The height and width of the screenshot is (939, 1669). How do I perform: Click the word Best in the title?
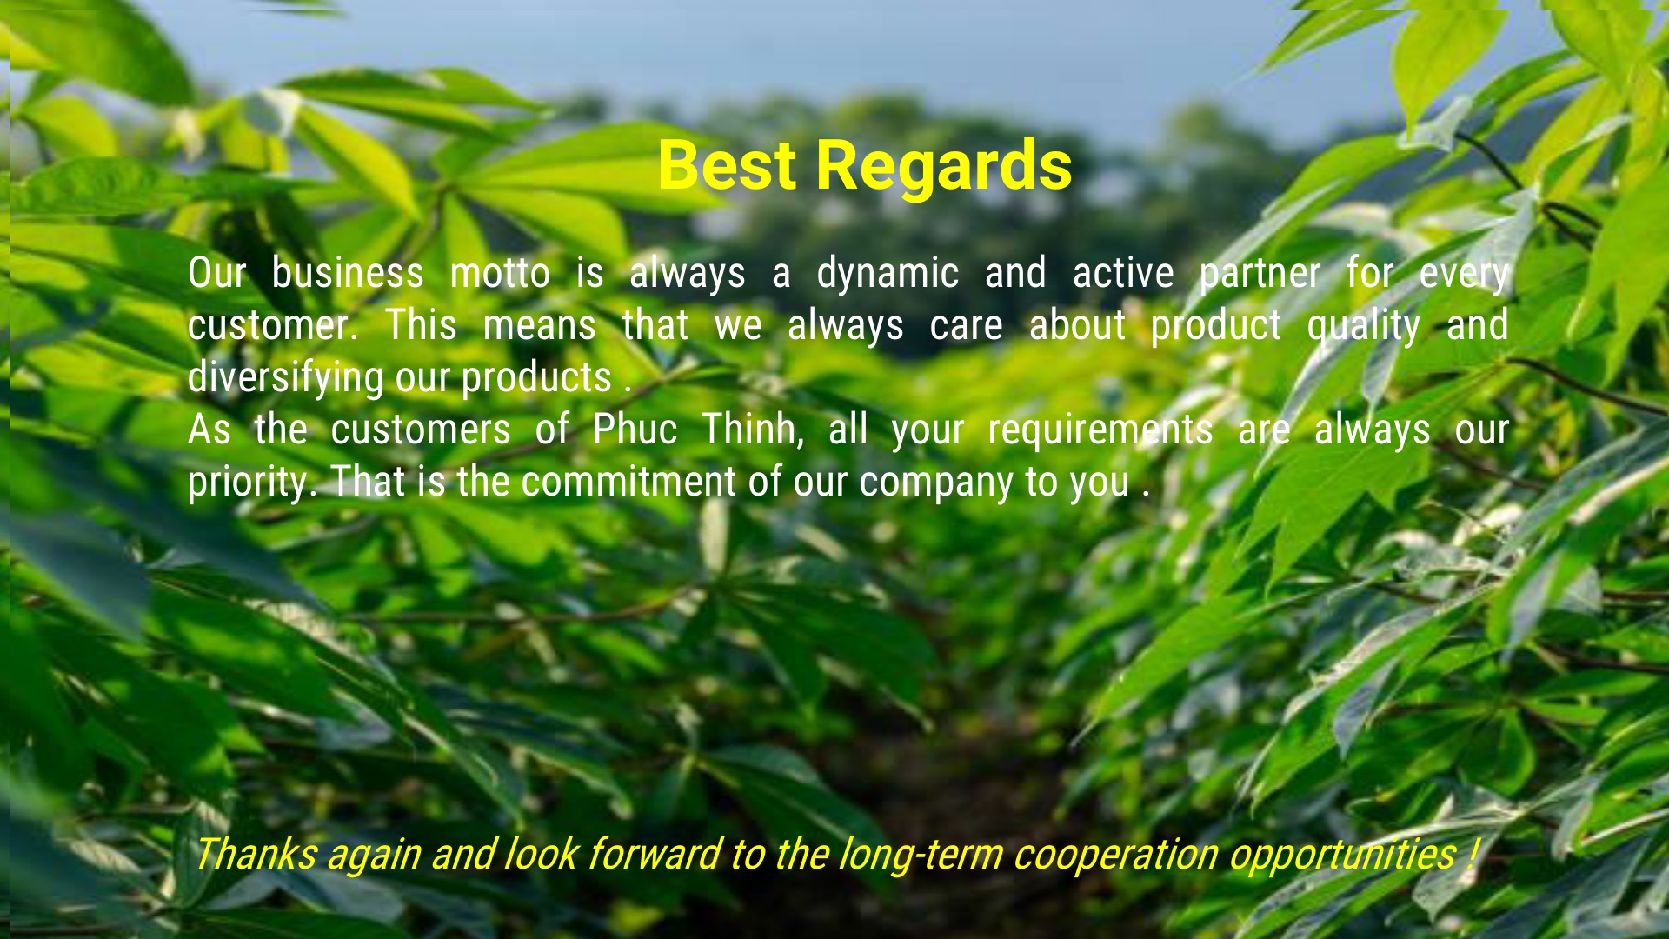tap(727, 164)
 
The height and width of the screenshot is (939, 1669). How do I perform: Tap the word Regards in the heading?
tap(944, 167)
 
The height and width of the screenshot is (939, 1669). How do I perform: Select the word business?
tap(348, 273)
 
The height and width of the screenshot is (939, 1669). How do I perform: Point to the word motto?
tap(500, 274)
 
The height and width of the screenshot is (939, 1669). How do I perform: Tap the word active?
tap(1123, 274)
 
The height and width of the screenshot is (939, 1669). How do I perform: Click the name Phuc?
tap(635, 430)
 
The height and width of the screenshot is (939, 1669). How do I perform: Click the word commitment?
tap(628, 483)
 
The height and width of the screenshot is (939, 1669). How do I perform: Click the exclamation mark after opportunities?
tap(1470, 854)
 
